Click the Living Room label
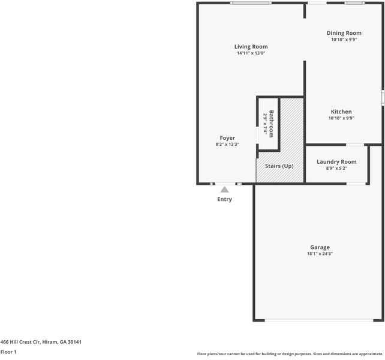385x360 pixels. (251, 46)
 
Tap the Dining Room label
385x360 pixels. (344, 33)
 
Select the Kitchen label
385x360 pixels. (341, 112)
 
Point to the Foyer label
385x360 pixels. (227, 138)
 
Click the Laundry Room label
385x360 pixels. (336, 161)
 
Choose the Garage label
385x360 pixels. (320, 247)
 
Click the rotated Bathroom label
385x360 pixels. (271, 123)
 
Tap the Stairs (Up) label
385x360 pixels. (279, 166)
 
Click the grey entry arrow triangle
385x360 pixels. (224, 190)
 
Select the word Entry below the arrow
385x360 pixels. (224, 199)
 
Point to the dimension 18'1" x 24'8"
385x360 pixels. (320, 254)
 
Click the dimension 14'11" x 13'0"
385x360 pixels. (251, 53)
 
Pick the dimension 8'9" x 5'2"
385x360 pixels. (336, 168)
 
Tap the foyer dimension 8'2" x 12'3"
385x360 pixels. (227, 145)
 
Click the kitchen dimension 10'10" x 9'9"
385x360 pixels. (341, 118)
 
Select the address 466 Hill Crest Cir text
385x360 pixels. (41, 342)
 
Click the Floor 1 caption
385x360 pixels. (8, 352)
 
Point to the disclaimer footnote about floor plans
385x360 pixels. (290, 354)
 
